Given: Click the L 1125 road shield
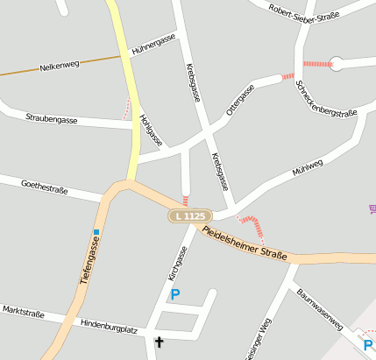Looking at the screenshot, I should (x=189, y=215).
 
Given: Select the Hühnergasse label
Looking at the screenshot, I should (x=153, y=46).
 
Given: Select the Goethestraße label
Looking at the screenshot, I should (x=44, y=187).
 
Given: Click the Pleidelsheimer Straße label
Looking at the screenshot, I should (x=245, y=244).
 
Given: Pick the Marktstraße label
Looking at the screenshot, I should (x=23, y=311).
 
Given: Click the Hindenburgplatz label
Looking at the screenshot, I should (x=109, y=325).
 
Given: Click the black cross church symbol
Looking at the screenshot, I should (x=160, y=342).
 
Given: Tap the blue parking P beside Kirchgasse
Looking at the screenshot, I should (x=174, y=294).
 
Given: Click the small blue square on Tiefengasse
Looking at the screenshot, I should (x=96, y=232).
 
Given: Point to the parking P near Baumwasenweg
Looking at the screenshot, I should (x=368, y=345).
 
